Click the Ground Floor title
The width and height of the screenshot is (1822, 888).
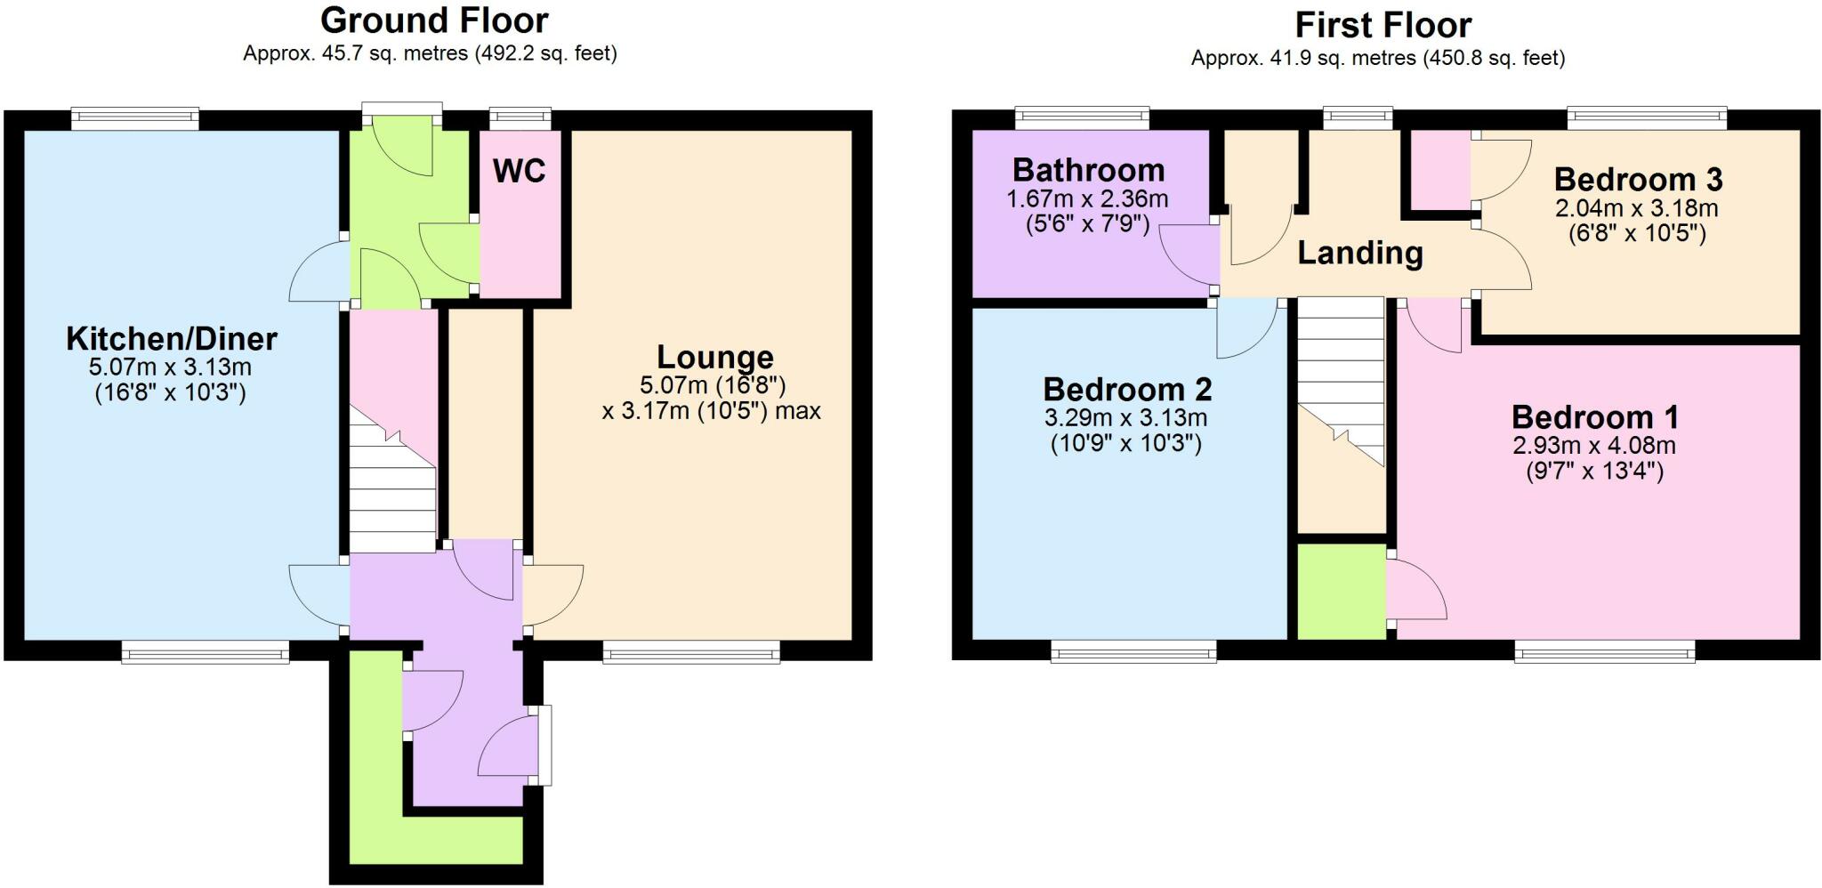pos(434,20)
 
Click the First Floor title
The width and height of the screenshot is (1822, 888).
pos(1383,25)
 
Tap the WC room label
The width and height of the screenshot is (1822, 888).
pos(519,171)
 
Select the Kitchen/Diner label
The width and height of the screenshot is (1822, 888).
pos(172,339)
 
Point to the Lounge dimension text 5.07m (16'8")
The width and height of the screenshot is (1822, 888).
pos(713,386)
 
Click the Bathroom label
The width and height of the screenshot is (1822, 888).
pos(1088,170)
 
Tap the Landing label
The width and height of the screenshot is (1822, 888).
pos(1359,254)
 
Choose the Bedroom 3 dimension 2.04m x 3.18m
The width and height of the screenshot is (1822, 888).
pos(1636,209)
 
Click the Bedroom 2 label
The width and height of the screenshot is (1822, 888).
pos(1127,390)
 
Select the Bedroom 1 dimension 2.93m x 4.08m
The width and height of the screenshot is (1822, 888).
pos(1594,446)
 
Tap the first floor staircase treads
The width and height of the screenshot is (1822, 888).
pos(1341,356)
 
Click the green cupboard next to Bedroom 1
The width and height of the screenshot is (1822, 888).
pos(1342,592)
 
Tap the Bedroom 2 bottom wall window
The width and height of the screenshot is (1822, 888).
pos(1133,654)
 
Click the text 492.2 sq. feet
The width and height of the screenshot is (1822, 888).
pos(544,53)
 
